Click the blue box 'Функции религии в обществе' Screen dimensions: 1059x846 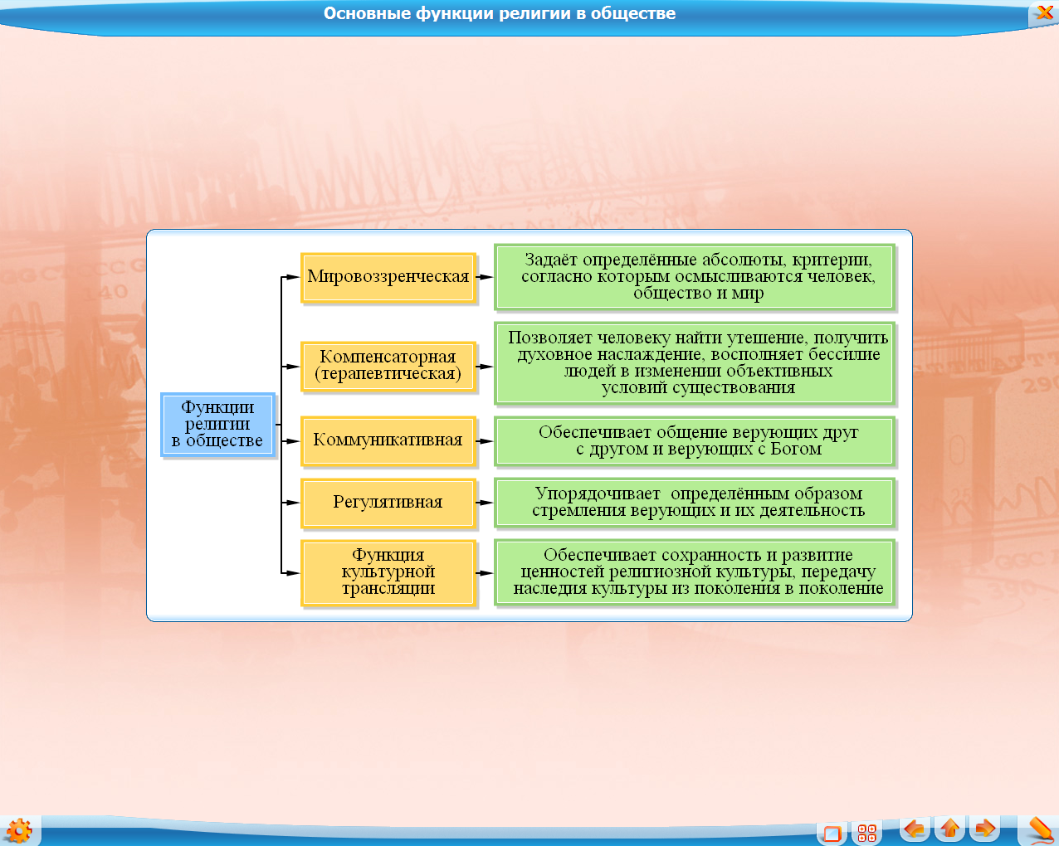coord(217,425)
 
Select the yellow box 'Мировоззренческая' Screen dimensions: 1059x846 coord(388,277)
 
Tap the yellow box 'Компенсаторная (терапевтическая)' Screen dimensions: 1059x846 coord(388,367)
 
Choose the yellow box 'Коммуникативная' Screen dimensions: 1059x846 coord(388,440)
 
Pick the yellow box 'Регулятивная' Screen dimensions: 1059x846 coord(388,503)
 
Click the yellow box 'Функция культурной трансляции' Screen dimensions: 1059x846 coord(388,572)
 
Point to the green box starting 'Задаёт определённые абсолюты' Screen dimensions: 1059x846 coord(695,277)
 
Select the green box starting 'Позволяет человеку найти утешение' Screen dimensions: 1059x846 coord(695,363)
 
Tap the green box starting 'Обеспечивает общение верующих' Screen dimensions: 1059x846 coord(695,441)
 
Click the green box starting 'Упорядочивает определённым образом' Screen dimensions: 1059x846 coord(695,503)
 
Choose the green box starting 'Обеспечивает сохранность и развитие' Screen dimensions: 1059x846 coord(695,572)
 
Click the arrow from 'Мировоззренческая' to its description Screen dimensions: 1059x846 coord(485,277)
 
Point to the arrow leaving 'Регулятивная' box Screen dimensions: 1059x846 coord(485,503)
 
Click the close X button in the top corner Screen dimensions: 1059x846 coord(1044,12)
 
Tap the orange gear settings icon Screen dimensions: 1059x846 coord(19,831)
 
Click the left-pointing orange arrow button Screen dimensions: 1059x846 coord(915,829)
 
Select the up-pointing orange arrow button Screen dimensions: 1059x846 coord(949,829)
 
